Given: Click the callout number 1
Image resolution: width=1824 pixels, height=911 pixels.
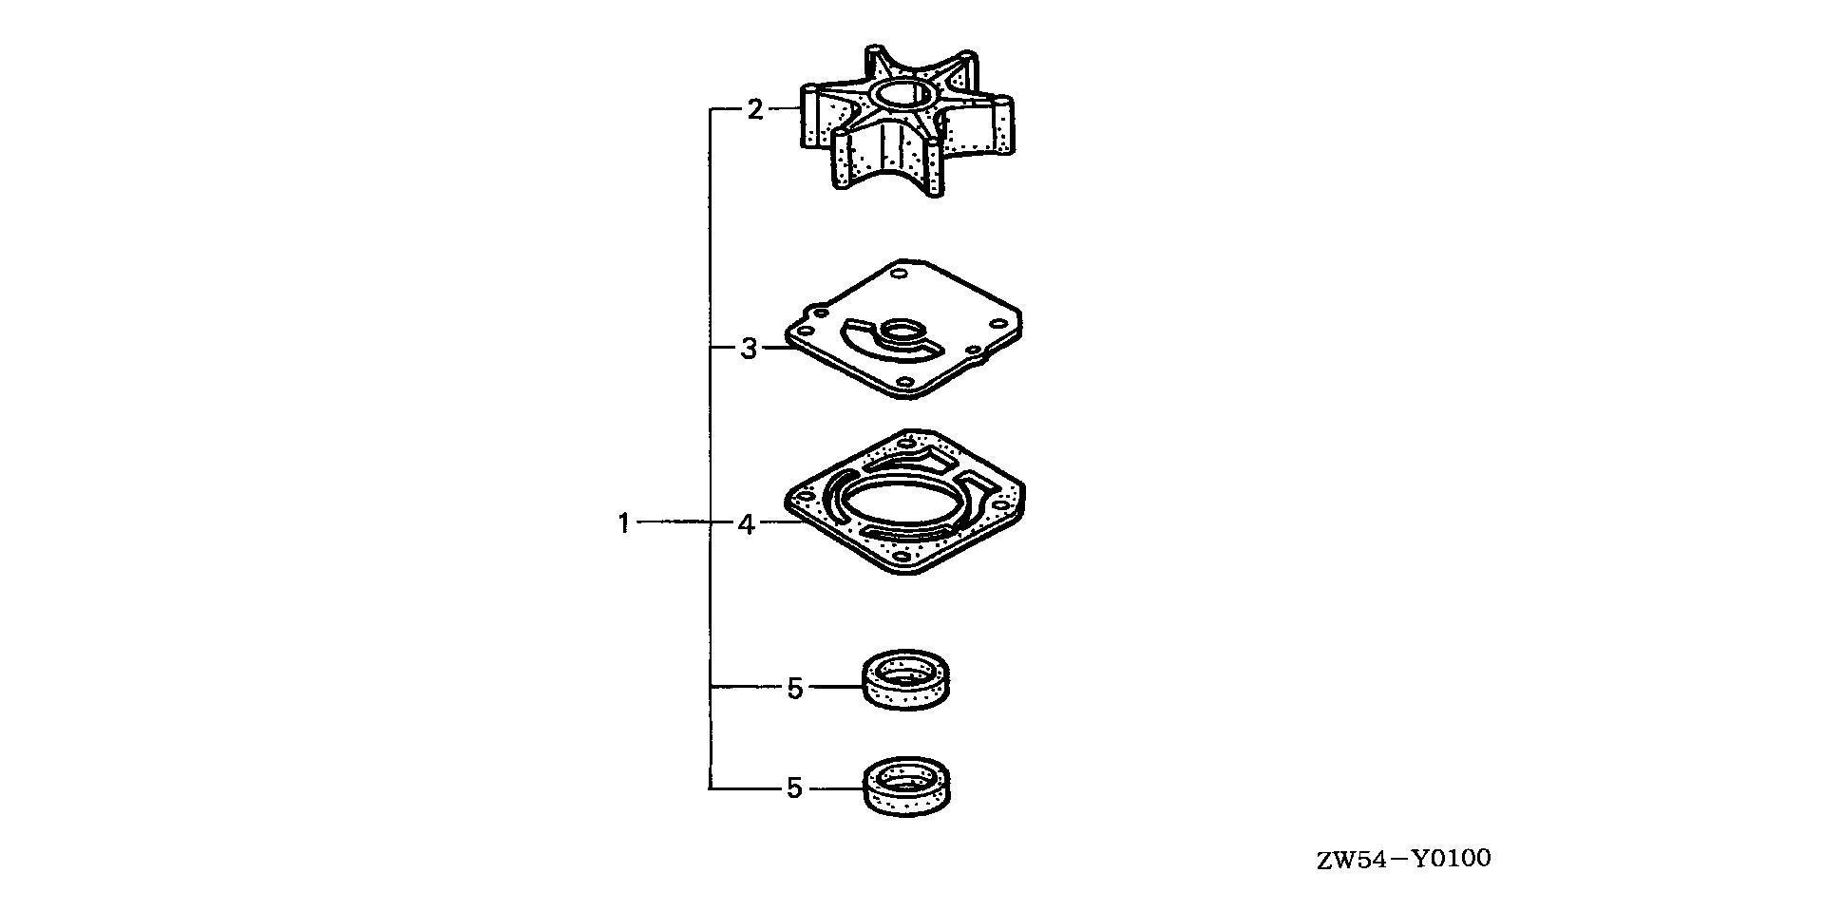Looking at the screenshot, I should coord(624,523).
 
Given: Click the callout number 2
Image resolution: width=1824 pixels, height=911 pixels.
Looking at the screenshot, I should coord(754,110).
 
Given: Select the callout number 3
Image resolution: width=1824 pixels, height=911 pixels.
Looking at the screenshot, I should coord(749,349).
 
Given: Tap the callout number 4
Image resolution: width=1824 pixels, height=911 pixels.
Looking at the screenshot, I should coord(747,523).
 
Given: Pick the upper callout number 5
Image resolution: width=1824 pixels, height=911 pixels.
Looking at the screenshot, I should coord(795,687).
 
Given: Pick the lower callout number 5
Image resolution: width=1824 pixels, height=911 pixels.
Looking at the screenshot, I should coord(795,788).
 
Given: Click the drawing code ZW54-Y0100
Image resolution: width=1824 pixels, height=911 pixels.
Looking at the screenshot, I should coord(1403,860).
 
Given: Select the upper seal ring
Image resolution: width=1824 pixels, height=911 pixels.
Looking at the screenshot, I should coord(907,678).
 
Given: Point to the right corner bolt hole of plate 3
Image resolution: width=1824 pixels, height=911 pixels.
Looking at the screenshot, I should coord(998,324).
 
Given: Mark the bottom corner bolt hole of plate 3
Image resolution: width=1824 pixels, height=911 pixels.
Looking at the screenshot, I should coord(904,382).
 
